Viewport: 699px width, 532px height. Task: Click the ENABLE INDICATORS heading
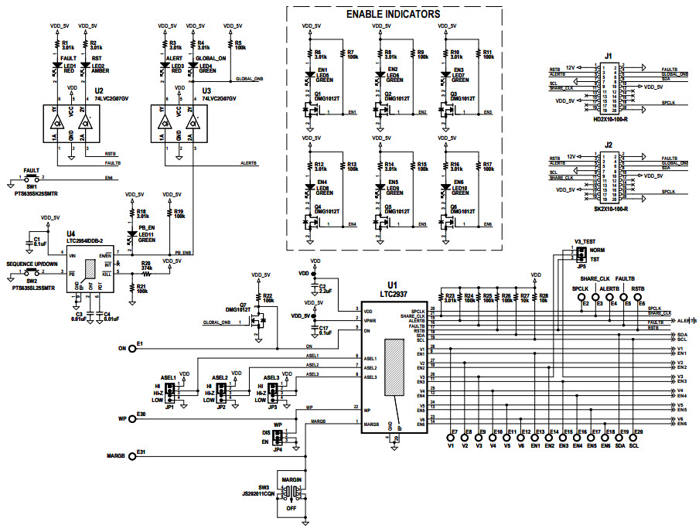click(393, 15)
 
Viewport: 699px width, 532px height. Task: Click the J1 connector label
click(609, 56)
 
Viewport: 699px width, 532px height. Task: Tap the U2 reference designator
click(98, 90)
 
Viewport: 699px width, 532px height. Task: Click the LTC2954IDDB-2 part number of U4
click(90, 240)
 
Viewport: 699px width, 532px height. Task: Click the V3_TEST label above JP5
click(585, 242)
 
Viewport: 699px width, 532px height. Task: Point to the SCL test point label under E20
click(634, 446)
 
